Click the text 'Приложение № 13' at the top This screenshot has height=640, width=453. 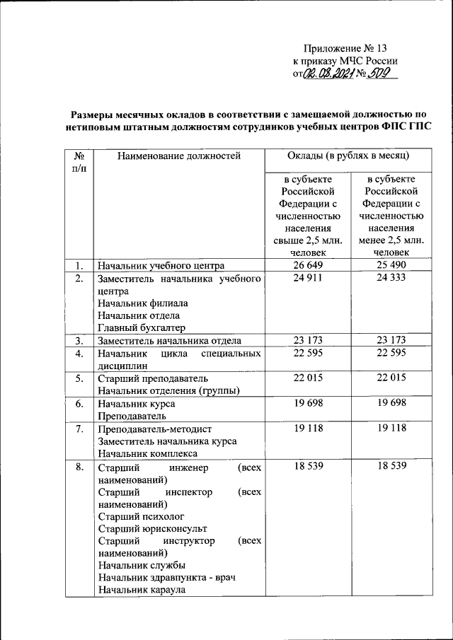pyautogui.click(x=345, y=49)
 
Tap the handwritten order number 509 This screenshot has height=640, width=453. pyautogui.click(x=382, y=74)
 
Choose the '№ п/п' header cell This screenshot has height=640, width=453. pyautogui.click(x=79, y=163)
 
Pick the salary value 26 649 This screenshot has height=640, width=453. pyautogui.click(x=308, y=265)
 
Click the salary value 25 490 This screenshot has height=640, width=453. pyautogui.click(x=391, y=265)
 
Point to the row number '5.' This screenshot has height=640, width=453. pyautogui.click(x=79, y=378)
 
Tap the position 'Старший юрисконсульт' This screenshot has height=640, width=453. pyautogui.click(x=152, y=528)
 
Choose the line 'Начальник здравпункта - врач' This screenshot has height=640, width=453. pyautogui.click(x=166, y=578)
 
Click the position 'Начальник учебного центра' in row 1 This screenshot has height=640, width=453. pyautogui.click(x=161, y=265)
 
